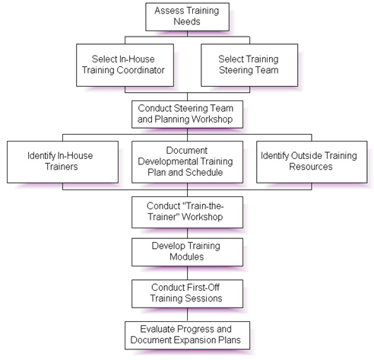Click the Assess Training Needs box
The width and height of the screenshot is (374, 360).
(x=187, y=17)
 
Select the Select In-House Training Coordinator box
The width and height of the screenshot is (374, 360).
(x=125, y=65)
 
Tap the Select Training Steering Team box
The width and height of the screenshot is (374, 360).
(x=249, y=65)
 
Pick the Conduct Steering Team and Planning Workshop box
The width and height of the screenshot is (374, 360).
(x=187, y=114)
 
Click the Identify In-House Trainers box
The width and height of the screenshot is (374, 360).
(x=62, y=162)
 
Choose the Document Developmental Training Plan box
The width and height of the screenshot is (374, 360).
(x=187, y=162)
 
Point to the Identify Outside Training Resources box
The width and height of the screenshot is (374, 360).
(x=312, y=162)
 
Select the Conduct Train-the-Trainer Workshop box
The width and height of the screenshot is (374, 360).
(x=187, y=212)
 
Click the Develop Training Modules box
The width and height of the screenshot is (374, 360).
(x=187, y=252)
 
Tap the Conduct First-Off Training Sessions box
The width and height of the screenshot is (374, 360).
(x=187, y=294)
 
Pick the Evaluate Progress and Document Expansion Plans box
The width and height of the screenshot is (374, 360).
(x=187, y=336)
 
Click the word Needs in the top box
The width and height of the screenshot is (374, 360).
(x=187, y=21)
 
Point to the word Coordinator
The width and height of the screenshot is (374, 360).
(x=141, y=70)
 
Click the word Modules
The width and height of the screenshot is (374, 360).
(x=187, y=256)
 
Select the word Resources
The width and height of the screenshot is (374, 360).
(x=311, y=167)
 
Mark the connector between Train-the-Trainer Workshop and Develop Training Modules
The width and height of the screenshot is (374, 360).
(x=187, y=233)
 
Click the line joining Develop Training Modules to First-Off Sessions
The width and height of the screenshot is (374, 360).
(x=187, y=272)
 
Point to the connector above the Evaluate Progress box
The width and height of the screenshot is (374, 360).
(x=187, y=314)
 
